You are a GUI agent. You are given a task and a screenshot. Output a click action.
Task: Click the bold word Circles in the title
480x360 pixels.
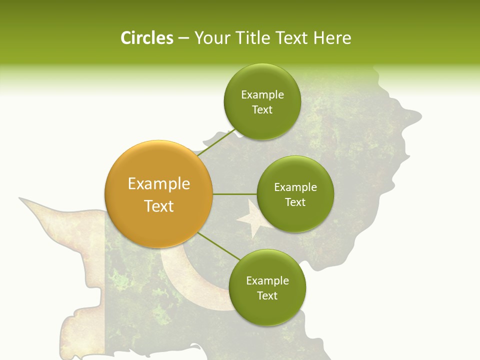146,38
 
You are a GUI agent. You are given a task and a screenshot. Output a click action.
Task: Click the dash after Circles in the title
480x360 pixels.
183,38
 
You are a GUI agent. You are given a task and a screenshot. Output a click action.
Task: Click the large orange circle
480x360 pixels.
158,194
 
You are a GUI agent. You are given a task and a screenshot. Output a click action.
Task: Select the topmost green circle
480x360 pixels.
262,101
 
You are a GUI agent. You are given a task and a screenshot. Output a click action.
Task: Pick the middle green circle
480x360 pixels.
295,194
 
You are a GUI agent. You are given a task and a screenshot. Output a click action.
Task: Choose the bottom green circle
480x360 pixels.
267,287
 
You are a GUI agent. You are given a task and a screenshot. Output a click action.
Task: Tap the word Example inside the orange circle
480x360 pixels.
158,184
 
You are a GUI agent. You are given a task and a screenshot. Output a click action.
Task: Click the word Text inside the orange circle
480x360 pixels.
158,206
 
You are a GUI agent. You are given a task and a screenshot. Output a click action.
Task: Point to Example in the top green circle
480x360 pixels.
262,94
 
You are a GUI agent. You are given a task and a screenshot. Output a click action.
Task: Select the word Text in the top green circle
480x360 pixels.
262,109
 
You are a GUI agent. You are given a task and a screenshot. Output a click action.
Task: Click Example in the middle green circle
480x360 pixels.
295,187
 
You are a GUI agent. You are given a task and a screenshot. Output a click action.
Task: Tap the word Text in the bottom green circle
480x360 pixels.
267,295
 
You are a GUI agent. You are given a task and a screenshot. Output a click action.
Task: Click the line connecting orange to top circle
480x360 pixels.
216,143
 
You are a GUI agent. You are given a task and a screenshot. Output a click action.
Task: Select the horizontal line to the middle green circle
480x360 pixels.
234,194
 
